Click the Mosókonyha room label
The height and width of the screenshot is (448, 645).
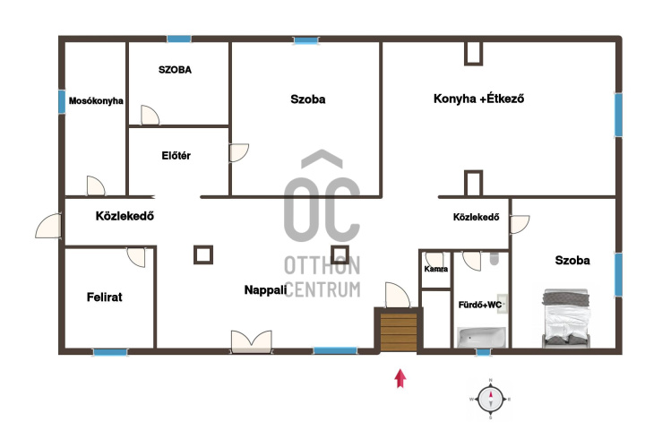pyautogui.click(x=96, y=100)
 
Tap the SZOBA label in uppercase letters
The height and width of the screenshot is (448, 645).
pyautogui.click(x=175, y=70)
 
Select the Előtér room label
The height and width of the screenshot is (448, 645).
pyautogui.click(x=176, y=156)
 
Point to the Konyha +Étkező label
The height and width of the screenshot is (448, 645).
pyautogui.click(x=478, y=99)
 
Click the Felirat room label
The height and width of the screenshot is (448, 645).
pyautogui.click(x=105, y=297)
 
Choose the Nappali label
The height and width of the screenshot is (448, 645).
pyautogui.click(x=265, y=290)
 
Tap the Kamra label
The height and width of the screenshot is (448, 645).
pyautogui.click(x=436, y=269)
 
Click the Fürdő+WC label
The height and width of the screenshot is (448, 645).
pyautogui.click(x=480, y=305)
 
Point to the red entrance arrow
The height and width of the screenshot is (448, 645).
pyautogui.click(x=400, y=378)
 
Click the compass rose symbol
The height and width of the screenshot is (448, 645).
pyautogui.click(x=490, y=399)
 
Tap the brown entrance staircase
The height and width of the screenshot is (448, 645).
pyautogui.click(x=398, y=332)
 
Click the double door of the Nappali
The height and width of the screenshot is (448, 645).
pyautogui.click(x=252, y=341)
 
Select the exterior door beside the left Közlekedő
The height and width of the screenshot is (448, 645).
pyautogui.click(x=48, y=226)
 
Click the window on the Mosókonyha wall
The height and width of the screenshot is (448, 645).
pyautogui.click(x=62, y=102)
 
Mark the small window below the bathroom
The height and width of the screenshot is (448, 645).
pyautogui.click(x=484, y=352)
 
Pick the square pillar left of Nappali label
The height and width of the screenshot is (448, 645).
pyautogui.click(x=203, y=255)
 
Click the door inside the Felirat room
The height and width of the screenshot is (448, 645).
pyautogui.click(x=136, y=257)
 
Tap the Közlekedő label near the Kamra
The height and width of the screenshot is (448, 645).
pyautogui.click(x=476, y=217)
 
